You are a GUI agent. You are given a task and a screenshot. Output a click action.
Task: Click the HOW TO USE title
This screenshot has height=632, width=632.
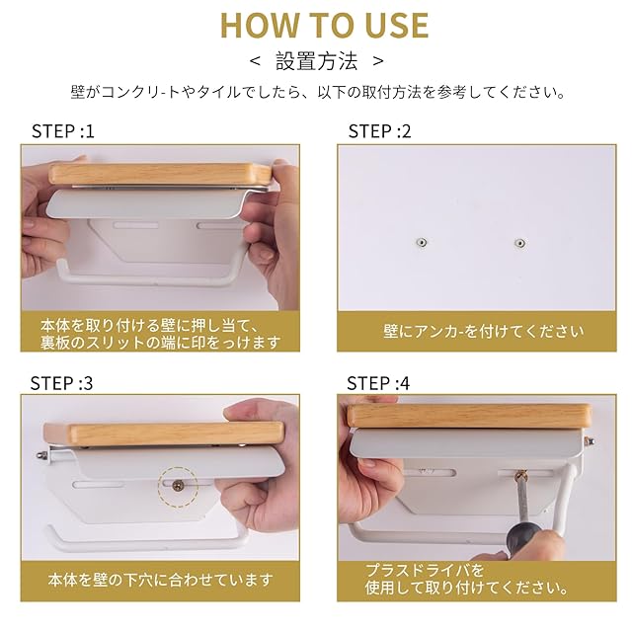pyautogui.click(x=325, y=26)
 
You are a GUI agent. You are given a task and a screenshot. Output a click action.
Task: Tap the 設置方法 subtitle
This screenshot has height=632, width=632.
pyautogui.click(x=316, y=61)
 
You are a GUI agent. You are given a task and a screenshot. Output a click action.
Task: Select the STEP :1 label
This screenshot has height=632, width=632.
pyautogui.click(x=63, y=131)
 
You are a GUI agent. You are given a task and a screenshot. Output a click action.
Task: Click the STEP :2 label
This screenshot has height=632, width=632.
pyautogui.click(x=379, y=131)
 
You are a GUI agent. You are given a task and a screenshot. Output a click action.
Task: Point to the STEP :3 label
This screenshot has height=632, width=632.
pyautogui.click(x=61, y=383)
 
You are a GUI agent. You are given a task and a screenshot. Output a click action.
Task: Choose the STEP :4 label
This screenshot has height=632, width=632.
pyautogui.click(x=378, y=383)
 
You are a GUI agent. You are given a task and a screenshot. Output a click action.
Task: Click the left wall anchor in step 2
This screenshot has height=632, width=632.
pyautogui.click(x=422, y=243)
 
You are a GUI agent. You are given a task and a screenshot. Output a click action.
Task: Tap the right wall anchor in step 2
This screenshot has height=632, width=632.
pyautogui.click(x=520, y=243)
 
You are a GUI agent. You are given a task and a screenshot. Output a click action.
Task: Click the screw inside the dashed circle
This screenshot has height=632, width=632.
pyautogui.click(x=177, y=486)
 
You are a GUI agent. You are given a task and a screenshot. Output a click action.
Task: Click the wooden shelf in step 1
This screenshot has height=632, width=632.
pyautogui.click(x=160, y=174)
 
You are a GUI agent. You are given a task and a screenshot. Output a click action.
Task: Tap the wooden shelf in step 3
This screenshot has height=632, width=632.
pyautogui.click(x=163, y=434)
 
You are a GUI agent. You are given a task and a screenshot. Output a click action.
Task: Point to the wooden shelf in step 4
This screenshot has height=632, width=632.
pyautogui.click(x=470, y=416)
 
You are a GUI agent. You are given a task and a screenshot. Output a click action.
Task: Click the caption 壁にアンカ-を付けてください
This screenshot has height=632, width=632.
pyautogui.click(x=484, y=332)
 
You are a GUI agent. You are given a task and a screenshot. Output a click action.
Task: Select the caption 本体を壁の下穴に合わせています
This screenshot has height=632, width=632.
pyautogui.click(x=160, y=580)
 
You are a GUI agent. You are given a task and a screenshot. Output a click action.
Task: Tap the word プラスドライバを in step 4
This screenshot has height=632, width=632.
pyautogui.click(x=425, y=571)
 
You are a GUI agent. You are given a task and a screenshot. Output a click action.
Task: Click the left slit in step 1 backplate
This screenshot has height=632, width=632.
pyautogui.click(x=136, y=225)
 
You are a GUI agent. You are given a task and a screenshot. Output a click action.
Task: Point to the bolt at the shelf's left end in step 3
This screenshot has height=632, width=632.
pyautogui.click(x=41, y=456)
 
